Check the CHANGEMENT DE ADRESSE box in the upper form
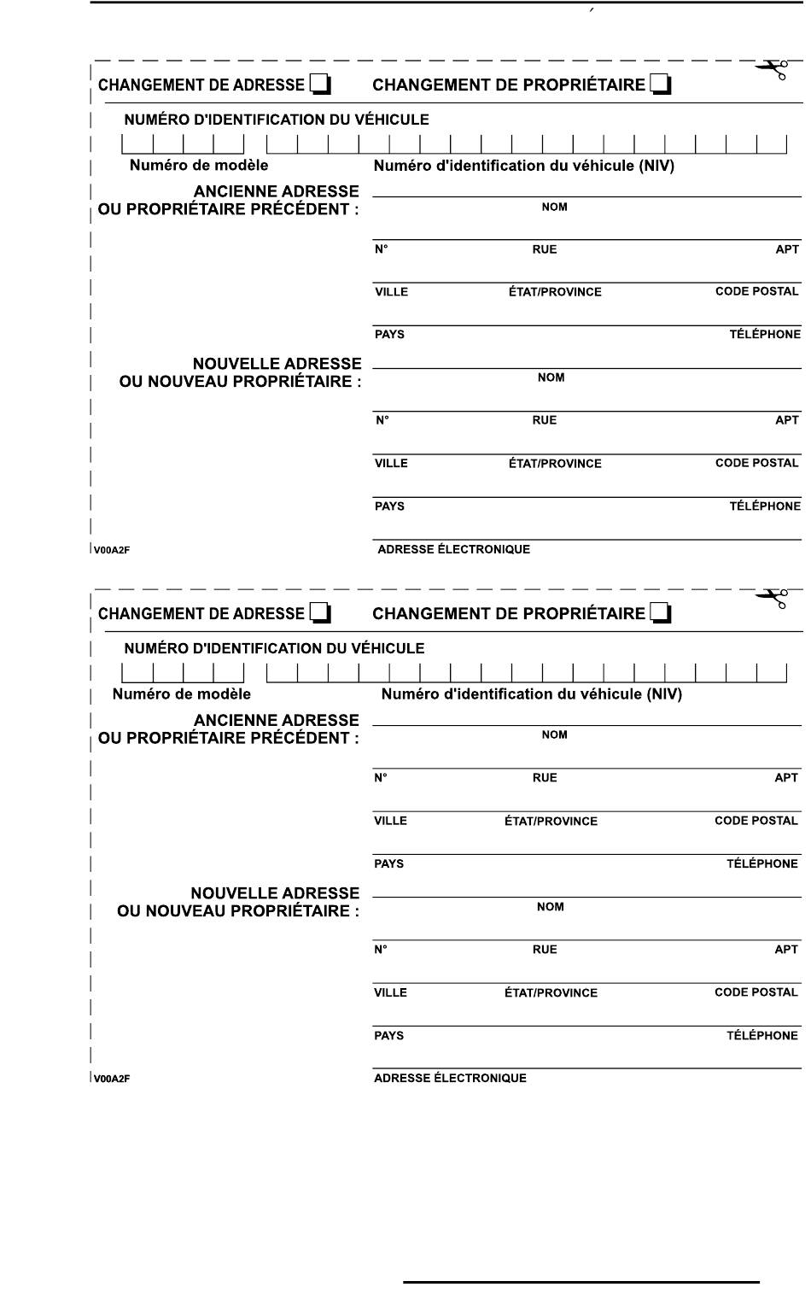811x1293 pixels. (x=319, y=85)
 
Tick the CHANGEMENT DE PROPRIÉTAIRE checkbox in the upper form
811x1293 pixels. (x=660, y=85)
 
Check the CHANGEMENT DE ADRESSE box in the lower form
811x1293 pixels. (x=319, y=613)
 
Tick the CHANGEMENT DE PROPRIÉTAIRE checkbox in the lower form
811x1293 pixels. (x=660, y=613)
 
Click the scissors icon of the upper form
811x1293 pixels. (x=772, y=69)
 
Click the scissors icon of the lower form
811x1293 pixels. (x=772, y=598)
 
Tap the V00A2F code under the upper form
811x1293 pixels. (x=112, y=550)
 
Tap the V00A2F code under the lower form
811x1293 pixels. (x=112, y=1079)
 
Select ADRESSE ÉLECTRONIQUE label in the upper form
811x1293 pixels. (x=453, y=549)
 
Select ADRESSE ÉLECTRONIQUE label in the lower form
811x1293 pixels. (x=450, y=1078)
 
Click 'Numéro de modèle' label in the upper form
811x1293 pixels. (x=199, y=165)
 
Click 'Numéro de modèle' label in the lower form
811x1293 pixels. (x=182, y=693)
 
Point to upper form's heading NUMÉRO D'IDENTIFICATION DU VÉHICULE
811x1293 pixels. (x=277, y=120)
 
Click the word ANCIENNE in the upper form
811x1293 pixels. (x=232, y=191)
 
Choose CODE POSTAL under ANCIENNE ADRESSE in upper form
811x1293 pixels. (x=756, y=291)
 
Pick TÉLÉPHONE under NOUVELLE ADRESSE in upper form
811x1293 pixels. (x=765, y=506)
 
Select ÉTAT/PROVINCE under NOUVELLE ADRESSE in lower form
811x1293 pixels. (x=551, y=992)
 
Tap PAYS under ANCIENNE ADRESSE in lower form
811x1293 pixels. (x=388, y=863)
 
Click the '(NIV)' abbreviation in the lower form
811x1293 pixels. (x=663, y=693)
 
